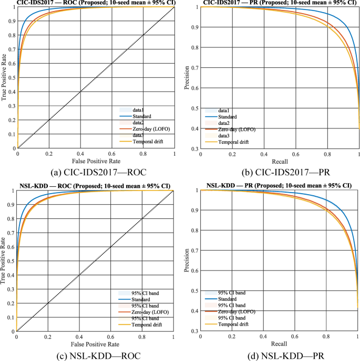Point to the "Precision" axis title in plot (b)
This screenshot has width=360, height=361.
point(187,77)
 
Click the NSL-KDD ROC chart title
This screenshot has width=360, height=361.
point(94,185)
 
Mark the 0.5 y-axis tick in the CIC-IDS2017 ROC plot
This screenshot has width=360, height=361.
point(12,77)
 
